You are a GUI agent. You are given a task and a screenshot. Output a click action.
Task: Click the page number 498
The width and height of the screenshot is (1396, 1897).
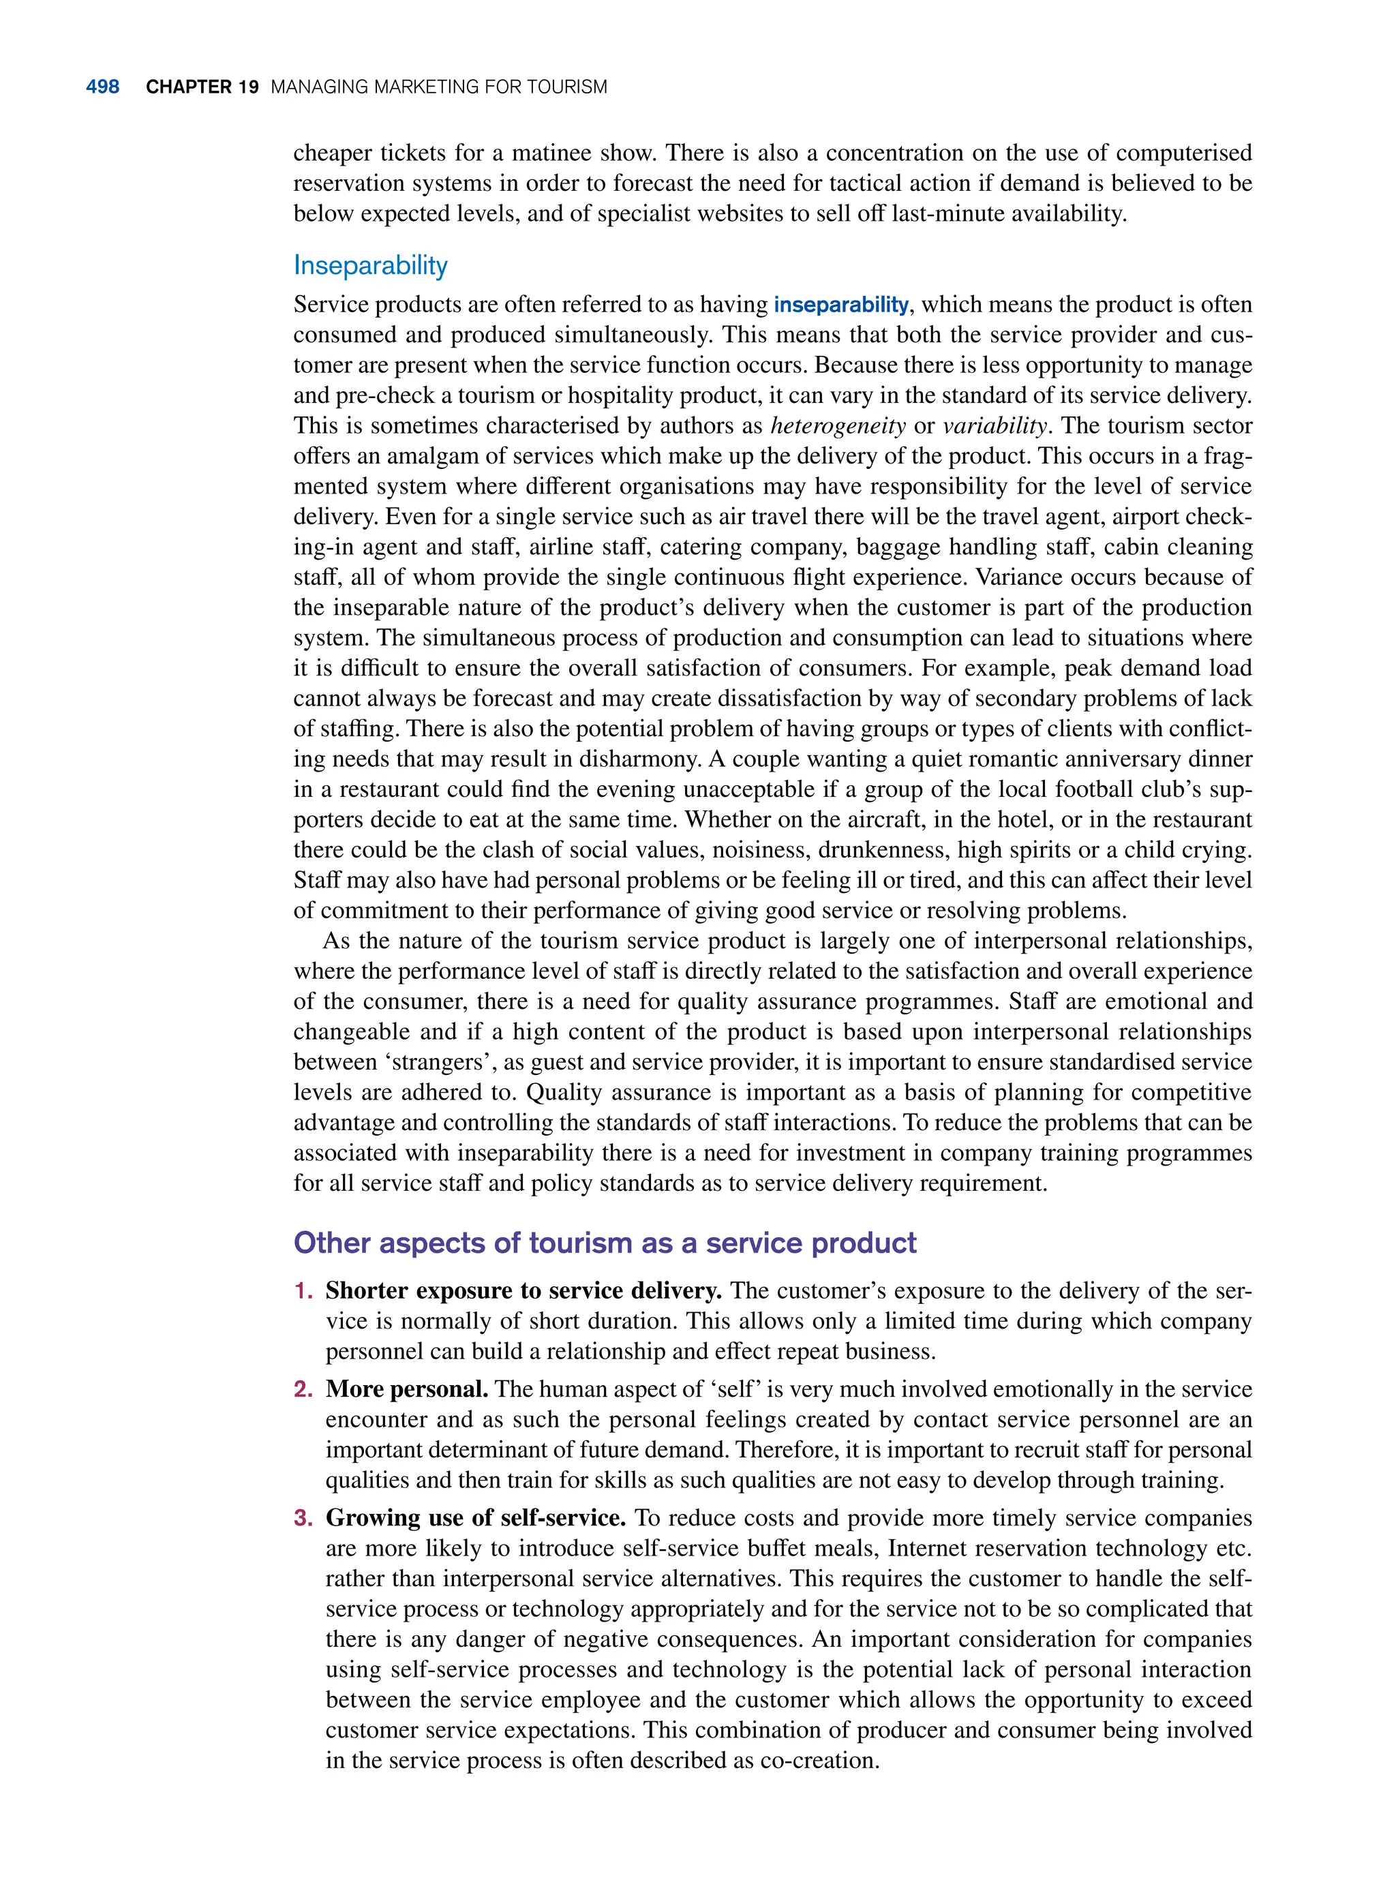102,87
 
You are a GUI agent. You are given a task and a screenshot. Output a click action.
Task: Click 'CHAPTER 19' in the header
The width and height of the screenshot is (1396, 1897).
202,87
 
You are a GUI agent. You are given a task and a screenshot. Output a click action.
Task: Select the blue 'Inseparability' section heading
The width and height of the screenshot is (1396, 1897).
370,265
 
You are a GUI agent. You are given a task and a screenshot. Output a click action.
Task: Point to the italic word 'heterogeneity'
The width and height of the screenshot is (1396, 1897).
838,426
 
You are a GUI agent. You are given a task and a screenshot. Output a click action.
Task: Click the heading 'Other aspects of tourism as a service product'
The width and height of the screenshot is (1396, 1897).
604,1243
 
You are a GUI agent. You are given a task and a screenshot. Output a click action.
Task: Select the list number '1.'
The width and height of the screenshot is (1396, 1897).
304,1291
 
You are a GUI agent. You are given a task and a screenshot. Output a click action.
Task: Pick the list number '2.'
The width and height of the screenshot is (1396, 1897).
304,1389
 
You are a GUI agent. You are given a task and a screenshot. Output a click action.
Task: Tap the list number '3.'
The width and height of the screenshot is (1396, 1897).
304,1519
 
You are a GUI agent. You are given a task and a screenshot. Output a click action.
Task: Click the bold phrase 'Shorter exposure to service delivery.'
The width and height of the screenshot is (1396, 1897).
523,1291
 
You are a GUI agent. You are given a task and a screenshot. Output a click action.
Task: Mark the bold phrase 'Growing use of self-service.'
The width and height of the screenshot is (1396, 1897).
476,1519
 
